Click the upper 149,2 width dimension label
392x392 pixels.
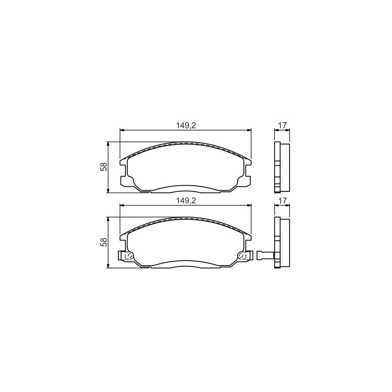point(186,125)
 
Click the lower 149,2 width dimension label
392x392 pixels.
point(186,200)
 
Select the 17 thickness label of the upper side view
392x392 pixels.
point(282,125)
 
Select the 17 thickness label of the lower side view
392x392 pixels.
point(282,200)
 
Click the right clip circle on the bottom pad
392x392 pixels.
point(242,255)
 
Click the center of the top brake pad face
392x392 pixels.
point(186,168)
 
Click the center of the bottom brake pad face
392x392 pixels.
point(186,243)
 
